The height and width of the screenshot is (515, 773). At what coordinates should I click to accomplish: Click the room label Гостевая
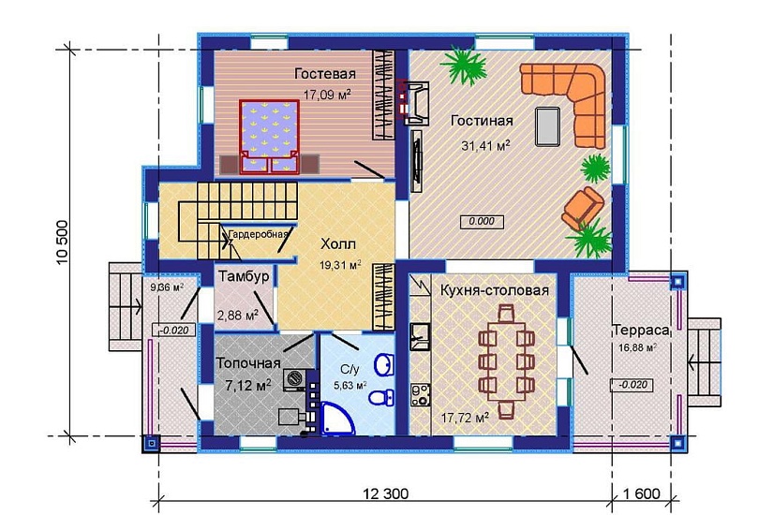pos(325,73)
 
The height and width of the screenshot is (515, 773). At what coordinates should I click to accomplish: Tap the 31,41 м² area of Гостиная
pos(485,145)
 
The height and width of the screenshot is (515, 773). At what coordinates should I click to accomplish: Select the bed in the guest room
pos(270,137)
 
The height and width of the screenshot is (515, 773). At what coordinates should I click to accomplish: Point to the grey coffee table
pos(548,126)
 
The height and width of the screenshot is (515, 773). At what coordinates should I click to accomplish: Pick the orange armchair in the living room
pos(583,208)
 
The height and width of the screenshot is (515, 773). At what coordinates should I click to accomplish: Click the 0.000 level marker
pos(482,221)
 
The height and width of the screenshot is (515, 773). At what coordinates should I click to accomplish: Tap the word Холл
pos(338,244)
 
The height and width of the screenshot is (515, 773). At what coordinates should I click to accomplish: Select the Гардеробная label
pos(258,235)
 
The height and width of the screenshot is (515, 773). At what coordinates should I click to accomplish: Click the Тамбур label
pos(244,276)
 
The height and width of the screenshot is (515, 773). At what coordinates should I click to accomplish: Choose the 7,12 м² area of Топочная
pos(248,385)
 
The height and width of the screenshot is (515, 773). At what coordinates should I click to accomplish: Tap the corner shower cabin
pos(337,419)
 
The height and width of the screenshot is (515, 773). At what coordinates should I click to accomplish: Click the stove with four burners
pos(421,395)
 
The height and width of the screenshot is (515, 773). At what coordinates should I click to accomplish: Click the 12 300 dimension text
pos(385,493)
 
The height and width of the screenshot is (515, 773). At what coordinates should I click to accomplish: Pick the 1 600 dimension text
pos(641,493)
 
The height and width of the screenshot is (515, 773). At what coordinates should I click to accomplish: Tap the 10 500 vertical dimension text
pos(63,242)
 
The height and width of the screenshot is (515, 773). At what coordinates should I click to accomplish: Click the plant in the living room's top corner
pos(464,65)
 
